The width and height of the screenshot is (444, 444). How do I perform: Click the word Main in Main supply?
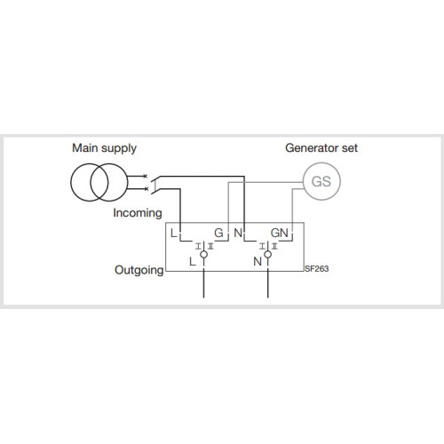[x=85, y=148]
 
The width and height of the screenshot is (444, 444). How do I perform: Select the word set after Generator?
[x=350, y=148]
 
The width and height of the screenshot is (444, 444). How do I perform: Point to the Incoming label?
[x=138, y=213]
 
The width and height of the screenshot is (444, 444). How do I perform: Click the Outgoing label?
[x=139, y=271]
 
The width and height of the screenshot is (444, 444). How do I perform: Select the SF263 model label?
[x=317, y=269]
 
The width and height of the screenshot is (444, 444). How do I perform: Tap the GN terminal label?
[x=280, y=234]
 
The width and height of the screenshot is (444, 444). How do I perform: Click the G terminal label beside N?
[x=218, y=234]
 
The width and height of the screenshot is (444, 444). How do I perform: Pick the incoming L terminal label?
[x=174, y=234]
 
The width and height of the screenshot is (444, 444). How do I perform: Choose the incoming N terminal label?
[x=238, y=234]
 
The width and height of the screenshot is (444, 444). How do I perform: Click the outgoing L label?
[x=193, y=262]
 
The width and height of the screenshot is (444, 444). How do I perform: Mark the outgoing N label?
[x=258, y=262]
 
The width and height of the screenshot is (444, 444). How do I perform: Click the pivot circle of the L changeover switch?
[x=203, y=254]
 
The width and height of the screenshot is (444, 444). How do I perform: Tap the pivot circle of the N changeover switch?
[x=268, y=254]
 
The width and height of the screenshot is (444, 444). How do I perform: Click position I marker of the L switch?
[x=198, y=246]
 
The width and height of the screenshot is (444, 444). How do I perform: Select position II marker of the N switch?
[x=274, y=246]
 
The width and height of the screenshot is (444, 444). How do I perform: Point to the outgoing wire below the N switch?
[x=268, y=283]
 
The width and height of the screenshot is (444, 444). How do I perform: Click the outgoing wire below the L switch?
[x=203, y=283]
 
